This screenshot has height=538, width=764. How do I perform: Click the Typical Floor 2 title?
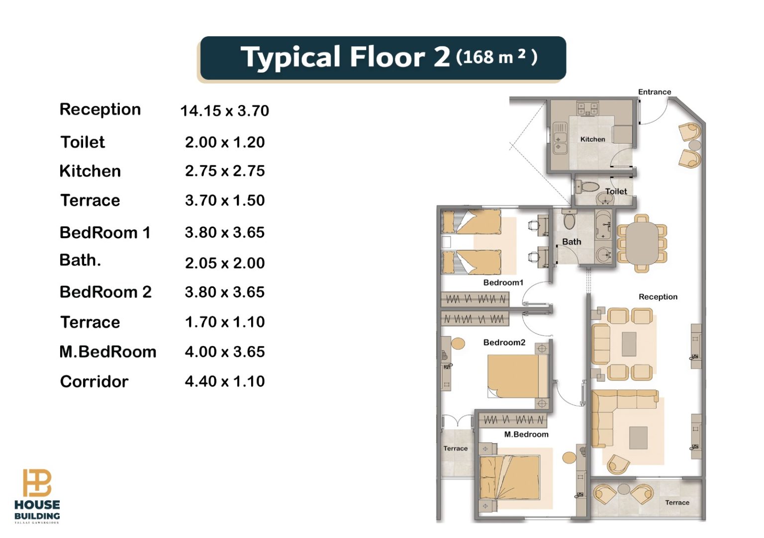345,57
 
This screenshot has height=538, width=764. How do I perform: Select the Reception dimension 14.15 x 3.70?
225,111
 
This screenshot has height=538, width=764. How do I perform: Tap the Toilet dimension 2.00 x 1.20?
225,142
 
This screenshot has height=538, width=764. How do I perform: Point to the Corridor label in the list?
94,381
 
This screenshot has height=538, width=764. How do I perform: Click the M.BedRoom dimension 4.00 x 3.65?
225,352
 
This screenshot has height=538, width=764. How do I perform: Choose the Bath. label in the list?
80,260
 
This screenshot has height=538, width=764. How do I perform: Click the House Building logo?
37,496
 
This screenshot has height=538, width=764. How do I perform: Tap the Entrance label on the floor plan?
655,92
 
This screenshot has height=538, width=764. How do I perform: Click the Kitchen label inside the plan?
593,139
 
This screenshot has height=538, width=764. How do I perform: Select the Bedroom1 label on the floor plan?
503,282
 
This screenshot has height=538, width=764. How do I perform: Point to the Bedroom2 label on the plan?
504,342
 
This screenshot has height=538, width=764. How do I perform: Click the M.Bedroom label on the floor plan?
526,435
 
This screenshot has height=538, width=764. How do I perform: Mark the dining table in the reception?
642,243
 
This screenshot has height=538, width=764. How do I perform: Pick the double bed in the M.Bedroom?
510,478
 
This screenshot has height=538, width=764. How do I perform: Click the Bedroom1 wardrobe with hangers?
475,299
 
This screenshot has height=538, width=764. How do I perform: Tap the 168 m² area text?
496,57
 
